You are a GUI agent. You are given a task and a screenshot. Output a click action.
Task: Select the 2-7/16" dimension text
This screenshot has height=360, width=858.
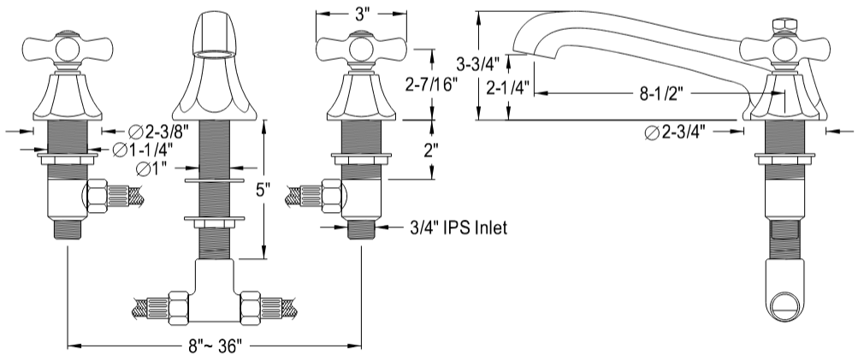point(427,83)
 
